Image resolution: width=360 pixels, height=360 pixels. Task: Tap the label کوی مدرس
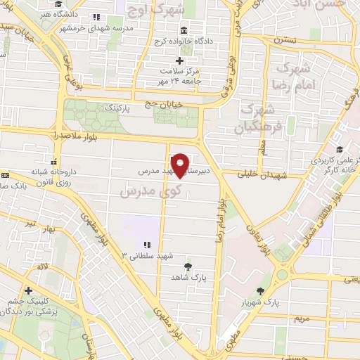[x=152, y=190]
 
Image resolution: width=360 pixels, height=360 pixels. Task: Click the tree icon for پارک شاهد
[x=188, y=266]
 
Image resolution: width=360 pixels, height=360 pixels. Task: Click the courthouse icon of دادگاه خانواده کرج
[x=184, y=30]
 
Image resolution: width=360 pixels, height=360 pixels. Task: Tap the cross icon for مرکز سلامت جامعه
[x=180, y=60]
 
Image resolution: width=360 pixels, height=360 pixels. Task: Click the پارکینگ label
[x=117, y=110]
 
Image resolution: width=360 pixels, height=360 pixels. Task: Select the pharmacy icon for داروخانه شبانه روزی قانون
[x=54, y=160]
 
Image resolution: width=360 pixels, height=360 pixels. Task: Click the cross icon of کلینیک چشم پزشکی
[x=28, y=290]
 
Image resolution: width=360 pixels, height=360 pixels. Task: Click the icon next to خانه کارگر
[x=340, y=149]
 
